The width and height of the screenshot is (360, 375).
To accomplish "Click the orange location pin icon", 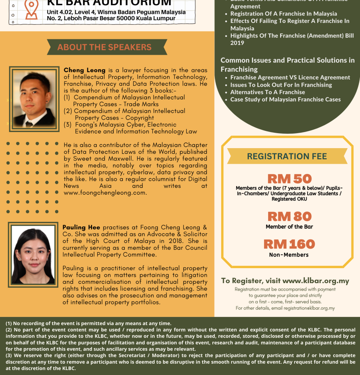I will (x=31, y=9).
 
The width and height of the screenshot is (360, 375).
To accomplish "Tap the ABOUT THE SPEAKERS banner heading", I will (x=104, y=47).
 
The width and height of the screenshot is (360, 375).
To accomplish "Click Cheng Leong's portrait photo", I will (x=34, y=99).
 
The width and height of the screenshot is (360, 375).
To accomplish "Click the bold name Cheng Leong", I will (x=84, y=70).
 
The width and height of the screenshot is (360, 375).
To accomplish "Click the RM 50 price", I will (x=289, y=179).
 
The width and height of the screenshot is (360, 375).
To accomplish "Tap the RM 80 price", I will (x=289, y=216).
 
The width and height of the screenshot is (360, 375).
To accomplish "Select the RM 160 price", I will (x=289, y=244).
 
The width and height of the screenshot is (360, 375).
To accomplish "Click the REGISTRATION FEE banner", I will (x=287, y=156).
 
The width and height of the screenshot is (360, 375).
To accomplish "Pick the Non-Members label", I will (x=289, y=255).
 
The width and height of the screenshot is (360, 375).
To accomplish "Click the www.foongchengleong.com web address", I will (x=105, y=193).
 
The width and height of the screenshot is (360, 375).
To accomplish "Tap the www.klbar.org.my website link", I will (x=316, y=281).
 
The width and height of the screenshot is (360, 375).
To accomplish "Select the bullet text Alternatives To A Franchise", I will (x=267, y=92).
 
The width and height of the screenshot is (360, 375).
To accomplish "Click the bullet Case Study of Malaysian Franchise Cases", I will (x=285, y=99).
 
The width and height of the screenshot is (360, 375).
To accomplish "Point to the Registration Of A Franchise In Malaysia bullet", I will (x=283, y=13).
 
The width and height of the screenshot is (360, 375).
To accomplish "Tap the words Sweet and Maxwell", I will (x=99, y=159).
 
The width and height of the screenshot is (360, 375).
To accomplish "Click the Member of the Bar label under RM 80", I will (x=289, y=226).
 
